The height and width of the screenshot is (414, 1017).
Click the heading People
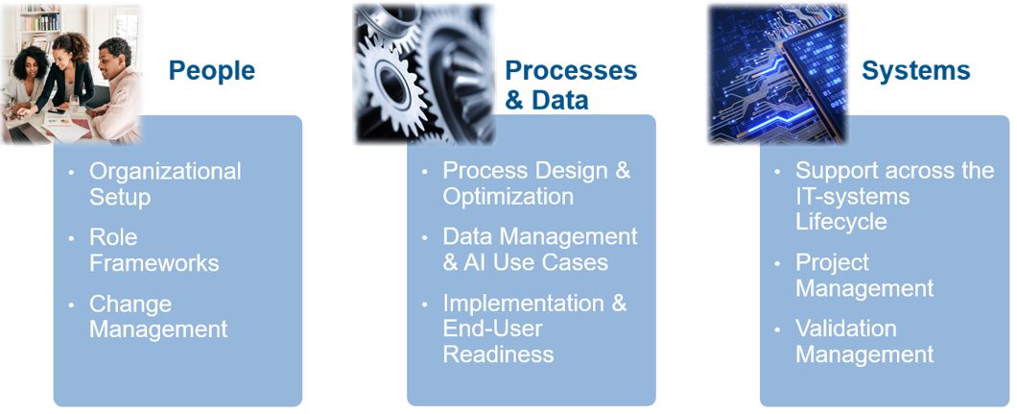[x=211, y=71]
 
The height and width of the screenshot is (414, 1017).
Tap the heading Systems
[x=916, y=71]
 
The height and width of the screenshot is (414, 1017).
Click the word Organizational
[x=165, y=171]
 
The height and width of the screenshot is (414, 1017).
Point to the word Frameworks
[x=154, y=263]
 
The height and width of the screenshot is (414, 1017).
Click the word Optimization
[x=508, y=197]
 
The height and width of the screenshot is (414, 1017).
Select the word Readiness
[x=498, y=354]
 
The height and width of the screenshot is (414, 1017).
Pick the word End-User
[x=492, y=329]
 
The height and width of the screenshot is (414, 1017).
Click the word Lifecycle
[x=841, y=222]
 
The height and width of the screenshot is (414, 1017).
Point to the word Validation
[x=846, y=329]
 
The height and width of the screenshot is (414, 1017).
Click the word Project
[x=832, y=263]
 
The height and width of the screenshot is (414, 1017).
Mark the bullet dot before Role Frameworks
[x=72, y=238]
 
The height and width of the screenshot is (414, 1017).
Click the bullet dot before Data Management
[x=425, y=237]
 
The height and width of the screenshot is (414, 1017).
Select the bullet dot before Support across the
[x=778, y=172]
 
